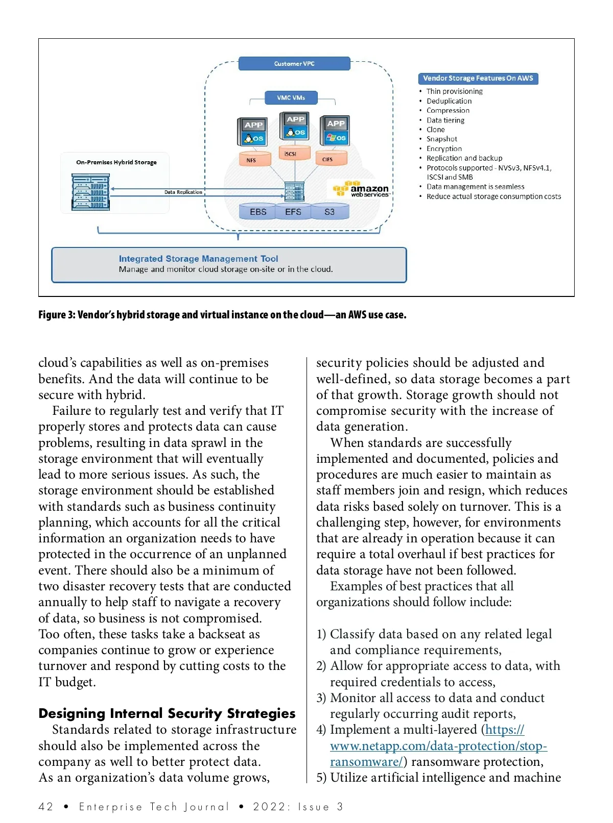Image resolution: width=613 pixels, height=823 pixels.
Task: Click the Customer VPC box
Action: (x=294, y=64)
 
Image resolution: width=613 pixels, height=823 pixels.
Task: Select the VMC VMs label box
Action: (x=291, y=97)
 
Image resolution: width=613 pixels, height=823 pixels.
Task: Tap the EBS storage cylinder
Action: (x=258, y=212)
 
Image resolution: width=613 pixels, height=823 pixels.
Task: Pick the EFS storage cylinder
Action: (x=293, y=212)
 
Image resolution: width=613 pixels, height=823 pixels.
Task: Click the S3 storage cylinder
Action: (x=329, y=212)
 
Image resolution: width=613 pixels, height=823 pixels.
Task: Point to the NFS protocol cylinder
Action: (x=251, y=159)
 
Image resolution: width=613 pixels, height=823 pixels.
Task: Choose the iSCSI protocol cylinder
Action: (x=290, y=153)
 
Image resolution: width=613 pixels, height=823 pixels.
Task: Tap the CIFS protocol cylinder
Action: (x=327, y=159)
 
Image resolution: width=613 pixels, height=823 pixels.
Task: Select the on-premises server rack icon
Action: (x=91, y=192)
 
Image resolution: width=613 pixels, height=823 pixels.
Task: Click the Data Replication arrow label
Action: (x=183, y=192)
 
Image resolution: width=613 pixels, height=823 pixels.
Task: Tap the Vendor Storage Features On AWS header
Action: (x=478, y=78)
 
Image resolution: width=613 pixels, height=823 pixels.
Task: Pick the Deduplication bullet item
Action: (x=449, y=101)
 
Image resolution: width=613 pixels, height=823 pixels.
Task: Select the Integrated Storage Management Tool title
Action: (x=198, y=259)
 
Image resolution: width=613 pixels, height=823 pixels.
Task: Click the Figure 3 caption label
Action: (x=222, y=315)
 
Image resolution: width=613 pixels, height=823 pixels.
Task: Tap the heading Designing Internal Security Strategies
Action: (x=167, y=713)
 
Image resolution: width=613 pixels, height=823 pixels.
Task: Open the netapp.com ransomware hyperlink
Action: (x=438, y=745)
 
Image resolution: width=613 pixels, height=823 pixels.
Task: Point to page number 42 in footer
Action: (x=45, y=807)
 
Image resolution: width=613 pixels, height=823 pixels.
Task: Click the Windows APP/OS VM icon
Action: (x=335, y=131)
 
